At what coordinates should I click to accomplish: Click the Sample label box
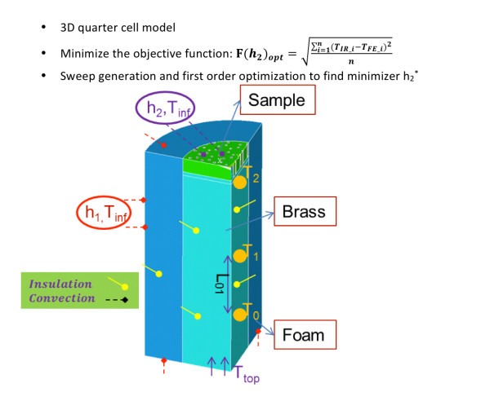[278, 99]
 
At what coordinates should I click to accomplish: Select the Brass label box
[305, 211]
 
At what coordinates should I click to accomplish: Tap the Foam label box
[305, 334]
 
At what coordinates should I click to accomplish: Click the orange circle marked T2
[240, 183]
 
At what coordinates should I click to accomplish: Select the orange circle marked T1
[240, 256]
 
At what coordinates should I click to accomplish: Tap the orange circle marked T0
[240, 315]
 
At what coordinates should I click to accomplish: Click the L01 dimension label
[220, 284]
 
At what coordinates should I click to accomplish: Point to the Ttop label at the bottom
[247, 373]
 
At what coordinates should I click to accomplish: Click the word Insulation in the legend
[60, 284]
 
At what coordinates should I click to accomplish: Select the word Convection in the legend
[62, 298]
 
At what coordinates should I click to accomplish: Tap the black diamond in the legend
[125, 300]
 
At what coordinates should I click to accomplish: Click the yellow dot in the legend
[125, 287]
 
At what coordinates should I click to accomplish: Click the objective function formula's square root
[346, 51]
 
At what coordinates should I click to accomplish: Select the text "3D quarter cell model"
[118, 28]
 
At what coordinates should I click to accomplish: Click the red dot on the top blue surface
[164, 145]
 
